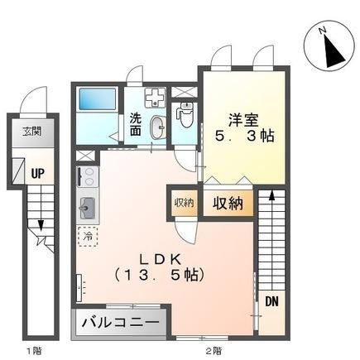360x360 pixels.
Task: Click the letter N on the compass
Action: coord(324,31)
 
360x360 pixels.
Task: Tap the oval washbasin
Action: coord(157,125)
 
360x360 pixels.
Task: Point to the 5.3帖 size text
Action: coord(243,135)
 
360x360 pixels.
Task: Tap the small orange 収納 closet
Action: coord(184,202)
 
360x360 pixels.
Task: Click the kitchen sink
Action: coord(87,209)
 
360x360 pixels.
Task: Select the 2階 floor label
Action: coord(214,351)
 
